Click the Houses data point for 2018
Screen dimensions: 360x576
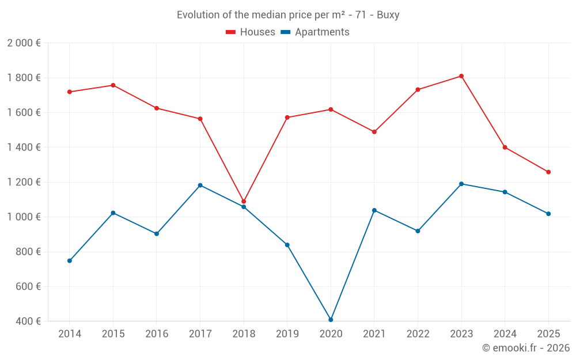244,202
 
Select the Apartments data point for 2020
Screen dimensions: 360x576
331,320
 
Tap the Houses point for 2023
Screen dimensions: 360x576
461,76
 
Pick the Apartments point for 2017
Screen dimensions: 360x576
200,185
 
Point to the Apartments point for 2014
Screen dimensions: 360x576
70,261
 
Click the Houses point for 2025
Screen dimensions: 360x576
548,172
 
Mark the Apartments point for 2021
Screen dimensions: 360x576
374,210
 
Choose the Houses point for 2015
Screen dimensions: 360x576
113,85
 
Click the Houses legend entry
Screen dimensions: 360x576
251,32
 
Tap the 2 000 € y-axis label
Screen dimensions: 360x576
24,43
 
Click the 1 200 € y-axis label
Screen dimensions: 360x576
24,182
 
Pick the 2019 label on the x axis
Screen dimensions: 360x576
287,334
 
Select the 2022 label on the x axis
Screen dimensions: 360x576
418,334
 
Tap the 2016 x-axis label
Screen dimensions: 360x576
157,334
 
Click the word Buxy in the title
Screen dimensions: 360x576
388,15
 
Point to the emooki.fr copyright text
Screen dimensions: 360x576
526,348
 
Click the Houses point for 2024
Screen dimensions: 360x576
505,147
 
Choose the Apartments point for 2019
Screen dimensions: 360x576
287,245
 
